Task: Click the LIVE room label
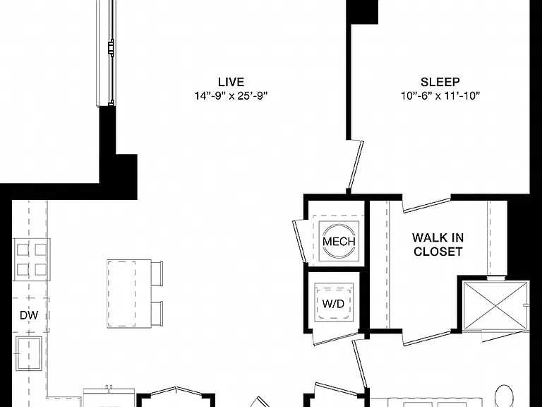click(x=231, y=82)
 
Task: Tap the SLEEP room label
click(x=440, y=82)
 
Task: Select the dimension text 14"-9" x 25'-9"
click(x=231, y=95)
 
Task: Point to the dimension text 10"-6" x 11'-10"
click(x=440, y=95)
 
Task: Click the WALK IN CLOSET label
click(x=438, y=244)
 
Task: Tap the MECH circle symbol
click(x=339, y=241)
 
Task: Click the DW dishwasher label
click(x=29, y=315)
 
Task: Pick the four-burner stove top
click(x=32, y=259)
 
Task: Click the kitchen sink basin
click(x=29, y=353)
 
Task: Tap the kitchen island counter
click(x=129, y=294)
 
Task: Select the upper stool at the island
click(x=157, y=273)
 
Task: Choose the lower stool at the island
click(x=157, y=314)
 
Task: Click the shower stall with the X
click(x=495, y=306)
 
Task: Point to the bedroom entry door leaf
click(x=356, y=165)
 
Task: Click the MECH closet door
click(x=299, y=242)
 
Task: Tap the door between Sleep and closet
click(x=427, y=204)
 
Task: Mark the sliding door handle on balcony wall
click(x=111, y=48)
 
